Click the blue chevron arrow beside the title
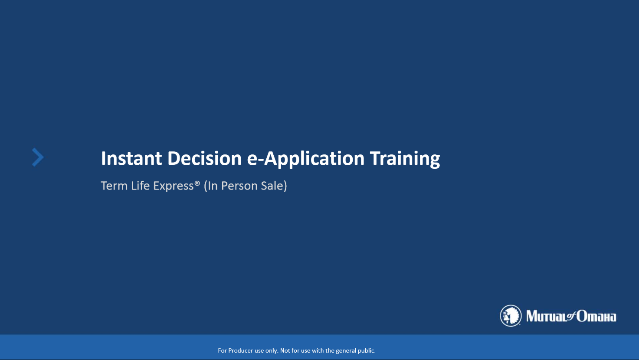[x=38, y=157]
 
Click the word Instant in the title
[x=131, y=158]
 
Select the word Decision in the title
[x=204, y=158]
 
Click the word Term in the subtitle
[x=114, y=186]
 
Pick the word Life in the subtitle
[x=141, y=186]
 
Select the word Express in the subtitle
[x=174, y=186]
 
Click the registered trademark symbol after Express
[x=197, y=183]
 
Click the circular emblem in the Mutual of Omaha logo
[x=511, y=316]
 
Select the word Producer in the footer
[x=241, y=350]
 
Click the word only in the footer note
[x=272, y=351]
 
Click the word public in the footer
[x=367, y=351]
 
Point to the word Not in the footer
[x=285, y=350]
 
